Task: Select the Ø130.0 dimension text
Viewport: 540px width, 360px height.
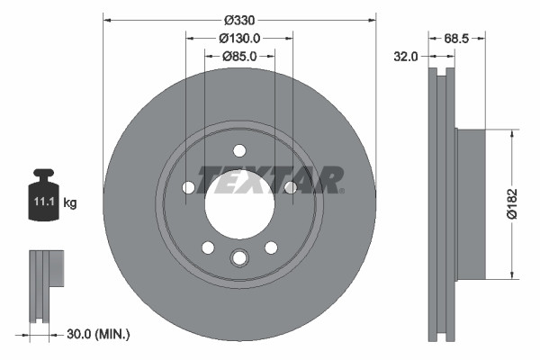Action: pos(239,38)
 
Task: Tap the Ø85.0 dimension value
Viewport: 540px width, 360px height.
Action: pos(239,56)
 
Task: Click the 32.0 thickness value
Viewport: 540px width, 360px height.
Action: pos(407,56)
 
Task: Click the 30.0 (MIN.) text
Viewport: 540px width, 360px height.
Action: pos(99,334)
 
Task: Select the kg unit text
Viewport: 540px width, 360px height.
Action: pos(70,203)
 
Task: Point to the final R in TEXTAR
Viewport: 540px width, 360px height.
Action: pos(327,180)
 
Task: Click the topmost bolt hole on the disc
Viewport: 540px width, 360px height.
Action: pos(238,150)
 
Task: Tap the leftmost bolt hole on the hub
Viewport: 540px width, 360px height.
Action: pos(188,187)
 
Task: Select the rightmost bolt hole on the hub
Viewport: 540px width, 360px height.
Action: pos(290,187)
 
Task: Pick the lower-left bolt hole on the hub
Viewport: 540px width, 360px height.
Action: pos(208,247)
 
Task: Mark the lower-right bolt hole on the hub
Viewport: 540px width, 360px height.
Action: pos(270,247)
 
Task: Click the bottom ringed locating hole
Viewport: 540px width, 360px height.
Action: pos(238,258)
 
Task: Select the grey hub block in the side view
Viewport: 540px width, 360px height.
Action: pos(471,204)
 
